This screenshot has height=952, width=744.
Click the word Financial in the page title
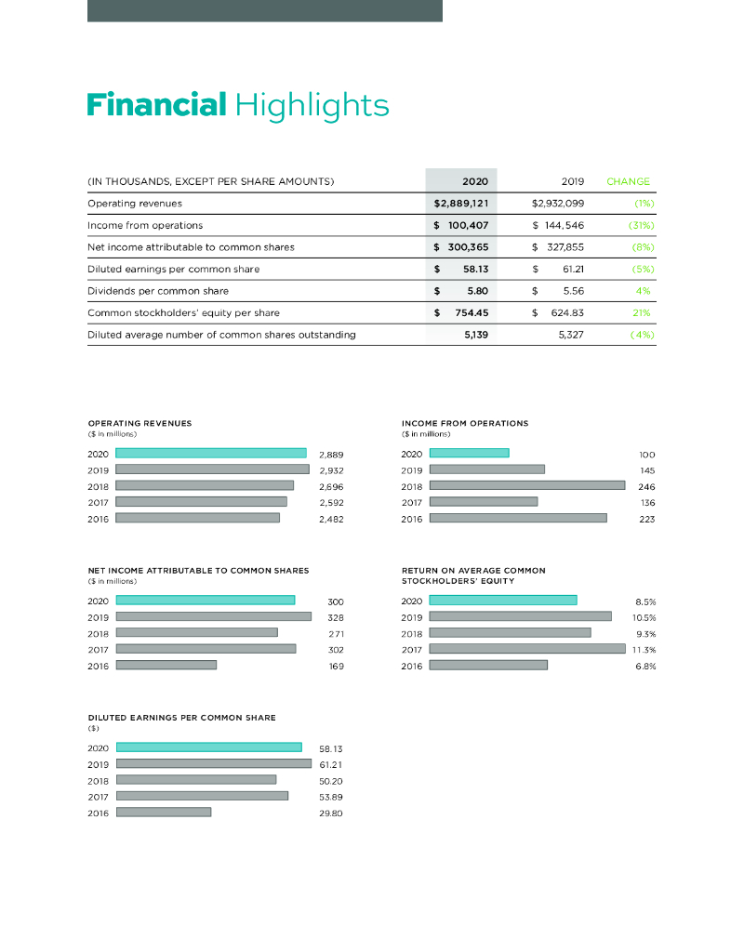pos(156,104)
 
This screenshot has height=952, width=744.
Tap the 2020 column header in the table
pos(475,181)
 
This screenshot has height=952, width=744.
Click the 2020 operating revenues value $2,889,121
pos(461,203)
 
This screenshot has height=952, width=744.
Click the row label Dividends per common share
pos(157,291)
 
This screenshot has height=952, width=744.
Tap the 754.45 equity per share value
pos(470,312)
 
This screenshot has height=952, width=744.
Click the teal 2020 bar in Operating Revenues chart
pos(211,453)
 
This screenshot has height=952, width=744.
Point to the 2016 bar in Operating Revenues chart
pos(197,518)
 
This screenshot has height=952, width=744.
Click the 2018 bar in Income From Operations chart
pos(526,485)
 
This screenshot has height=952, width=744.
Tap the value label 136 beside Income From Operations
pos(647,502)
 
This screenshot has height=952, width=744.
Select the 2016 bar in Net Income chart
pos(166,665)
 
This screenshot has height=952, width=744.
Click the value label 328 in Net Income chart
pos(336,616)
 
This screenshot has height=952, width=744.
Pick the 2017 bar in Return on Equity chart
pos(526,648)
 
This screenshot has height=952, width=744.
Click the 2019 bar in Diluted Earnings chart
pos(213,763)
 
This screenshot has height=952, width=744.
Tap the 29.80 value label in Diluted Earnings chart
pos(331,813)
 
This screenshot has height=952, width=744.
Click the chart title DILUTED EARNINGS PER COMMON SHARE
pos(181,717)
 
